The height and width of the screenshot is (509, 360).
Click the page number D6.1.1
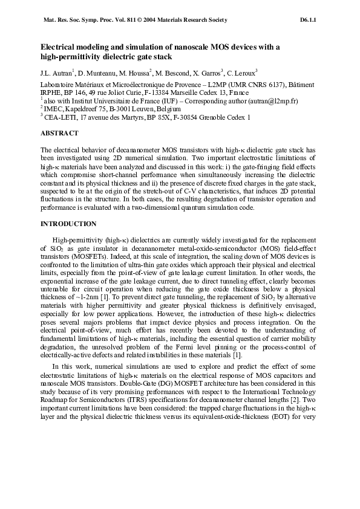[308, 20]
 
